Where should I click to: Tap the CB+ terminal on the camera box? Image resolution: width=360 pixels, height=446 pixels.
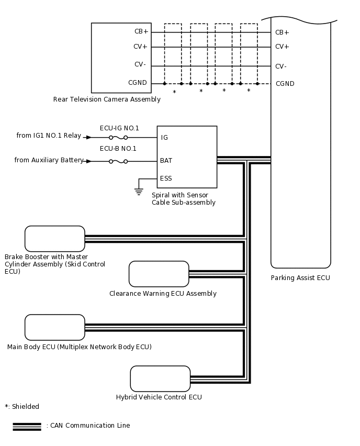tap(141, 31)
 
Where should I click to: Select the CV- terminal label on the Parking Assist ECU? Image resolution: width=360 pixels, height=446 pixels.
tap(280, 66)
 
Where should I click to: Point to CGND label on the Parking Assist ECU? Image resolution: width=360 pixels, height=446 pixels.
tap(285, 84)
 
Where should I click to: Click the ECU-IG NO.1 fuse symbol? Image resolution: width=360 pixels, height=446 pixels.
tap(118, 137)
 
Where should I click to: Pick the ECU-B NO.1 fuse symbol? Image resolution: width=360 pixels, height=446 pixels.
tap(118, 161)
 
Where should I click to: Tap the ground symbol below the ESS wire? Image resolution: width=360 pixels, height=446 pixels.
tap(139, 192)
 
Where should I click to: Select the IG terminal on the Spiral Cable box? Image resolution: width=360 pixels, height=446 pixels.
tap(164, 138)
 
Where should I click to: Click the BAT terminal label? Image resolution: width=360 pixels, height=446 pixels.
tap(166, 161)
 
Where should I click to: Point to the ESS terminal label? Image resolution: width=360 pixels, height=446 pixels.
tap(166, 179)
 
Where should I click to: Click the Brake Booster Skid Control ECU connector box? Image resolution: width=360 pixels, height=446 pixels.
tap(55, 239)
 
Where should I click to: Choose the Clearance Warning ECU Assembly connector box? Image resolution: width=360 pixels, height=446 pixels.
tap(159, 274)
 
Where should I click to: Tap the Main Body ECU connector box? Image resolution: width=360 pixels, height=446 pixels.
tap(55, 327)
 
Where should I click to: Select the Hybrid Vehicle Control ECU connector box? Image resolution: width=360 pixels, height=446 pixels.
tap(160, 378)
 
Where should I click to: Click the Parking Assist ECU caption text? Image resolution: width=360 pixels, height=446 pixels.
tap(300, 278)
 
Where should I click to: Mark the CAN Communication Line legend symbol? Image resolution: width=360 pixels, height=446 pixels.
tap(27, 426)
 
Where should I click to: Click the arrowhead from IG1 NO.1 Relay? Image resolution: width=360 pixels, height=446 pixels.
tap(88, 137)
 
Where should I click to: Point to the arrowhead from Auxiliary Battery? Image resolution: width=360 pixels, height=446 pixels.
tap(88, 161)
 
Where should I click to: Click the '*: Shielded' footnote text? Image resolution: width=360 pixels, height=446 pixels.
tap(22, 407)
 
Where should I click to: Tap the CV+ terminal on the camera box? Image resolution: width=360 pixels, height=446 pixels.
tap(141, 47)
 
